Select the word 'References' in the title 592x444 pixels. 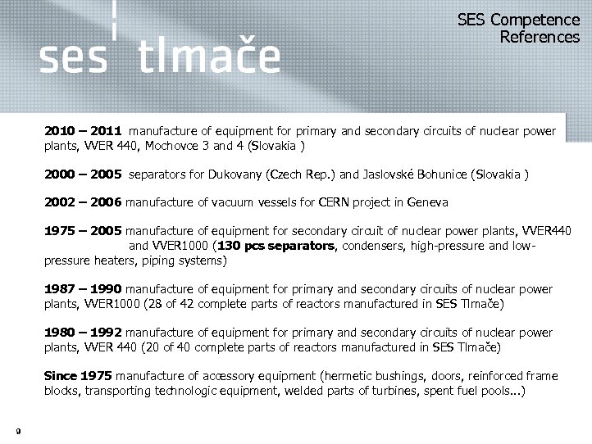pos(539,37)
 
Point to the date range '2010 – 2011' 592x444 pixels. pos(83,130)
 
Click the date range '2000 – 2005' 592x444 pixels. pos(83,174)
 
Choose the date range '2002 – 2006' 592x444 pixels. pos(83,202)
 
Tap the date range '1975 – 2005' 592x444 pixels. pos(83,232)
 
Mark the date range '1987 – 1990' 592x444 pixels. pos(83,289)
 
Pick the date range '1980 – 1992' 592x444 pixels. pos(83,333)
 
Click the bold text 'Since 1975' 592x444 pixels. pos(78,376)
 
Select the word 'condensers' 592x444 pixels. pos(371,247)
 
